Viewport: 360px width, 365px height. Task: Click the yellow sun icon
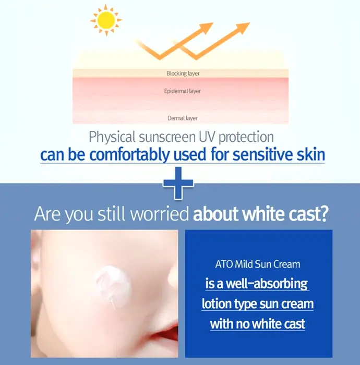pos(106,20)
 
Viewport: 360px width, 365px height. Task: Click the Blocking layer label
pos(183,74)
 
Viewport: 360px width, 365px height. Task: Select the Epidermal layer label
pos(182,91)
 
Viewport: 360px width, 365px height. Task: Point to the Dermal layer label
pos(183,118)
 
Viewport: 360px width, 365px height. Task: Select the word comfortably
pos(129,155)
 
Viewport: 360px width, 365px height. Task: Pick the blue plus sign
pos(178,183)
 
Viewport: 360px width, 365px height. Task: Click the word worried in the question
pos(159,213)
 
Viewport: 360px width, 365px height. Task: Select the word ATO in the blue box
pos(224,264)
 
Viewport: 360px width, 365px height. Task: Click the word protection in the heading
pos(246,137)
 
